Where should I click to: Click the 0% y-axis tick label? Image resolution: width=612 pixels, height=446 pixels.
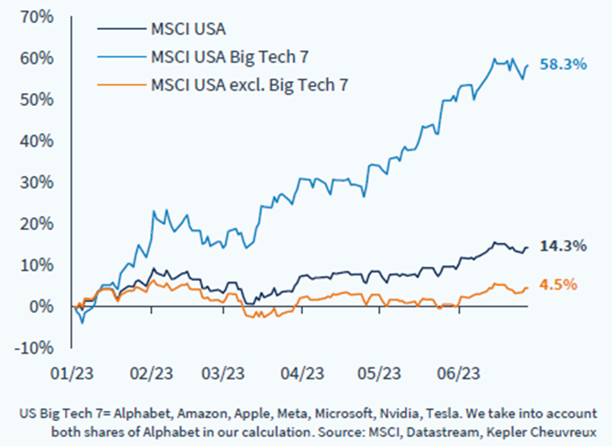coord(43,306)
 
